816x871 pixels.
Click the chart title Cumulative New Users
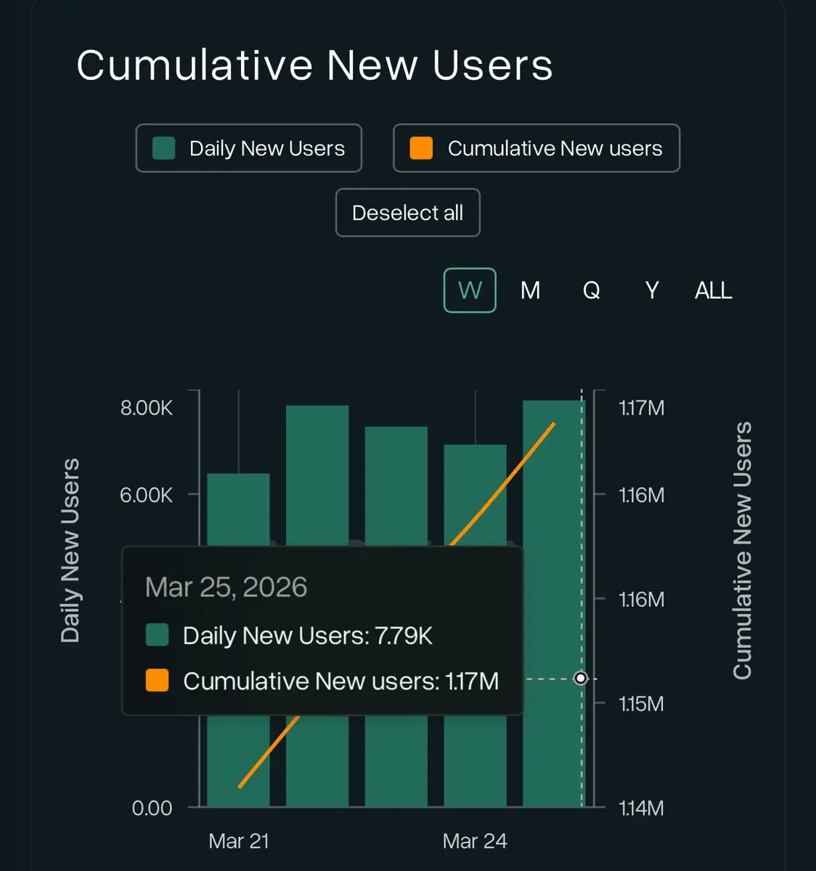coord(314,65)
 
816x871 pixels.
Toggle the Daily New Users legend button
coord(248,148)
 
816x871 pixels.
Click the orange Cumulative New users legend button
coord(536,148)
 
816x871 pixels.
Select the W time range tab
coord(470,290)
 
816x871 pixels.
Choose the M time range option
coord(530,290)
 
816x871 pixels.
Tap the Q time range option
coord(591,290)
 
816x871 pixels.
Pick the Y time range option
coord(652,290)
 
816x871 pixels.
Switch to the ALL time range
coord(713,290)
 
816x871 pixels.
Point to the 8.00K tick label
coord(146,408)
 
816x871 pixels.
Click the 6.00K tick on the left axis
coord(146,495)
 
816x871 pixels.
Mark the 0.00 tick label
coord(152,808)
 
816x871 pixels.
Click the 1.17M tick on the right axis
coord(641,408)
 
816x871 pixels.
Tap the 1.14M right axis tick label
coord(641,808)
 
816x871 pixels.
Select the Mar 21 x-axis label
coord(239,841)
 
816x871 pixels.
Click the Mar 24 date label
coord(475,841)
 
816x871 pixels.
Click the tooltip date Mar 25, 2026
coord(226,587)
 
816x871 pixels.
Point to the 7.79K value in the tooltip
coord(404,636)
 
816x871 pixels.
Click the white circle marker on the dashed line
coord(581,678)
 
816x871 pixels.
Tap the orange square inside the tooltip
coord(157,681)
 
